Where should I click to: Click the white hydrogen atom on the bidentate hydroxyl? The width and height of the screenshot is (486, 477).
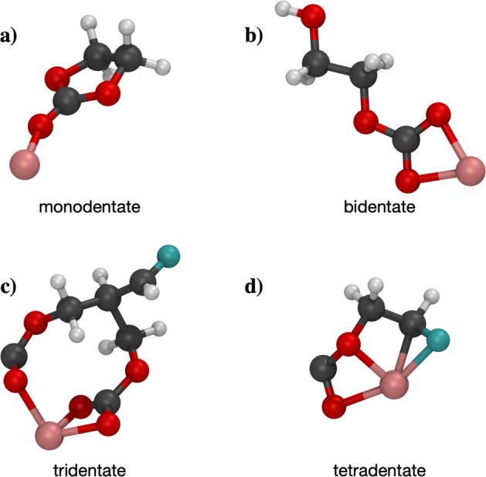coord(283,9)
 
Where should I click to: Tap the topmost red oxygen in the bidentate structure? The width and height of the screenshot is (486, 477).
coord(314,14)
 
